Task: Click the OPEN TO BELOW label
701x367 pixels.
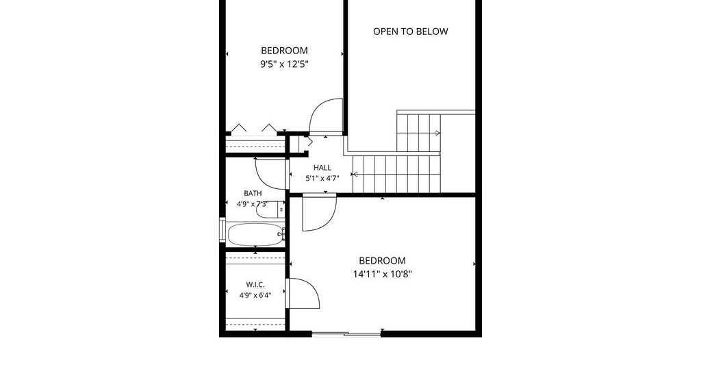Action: click(411, 31)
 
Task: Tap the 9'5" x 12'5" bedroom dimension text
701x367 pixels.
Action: click(285, 64)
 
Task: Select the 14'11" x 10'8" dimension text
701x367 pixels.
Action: click(382, 274)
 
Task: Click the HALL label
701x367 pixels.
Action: click(322, 168)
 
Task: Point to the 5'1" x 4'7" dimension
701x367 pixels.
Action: click(322, 178)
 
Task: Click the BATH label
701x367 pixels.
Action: click(253, 194)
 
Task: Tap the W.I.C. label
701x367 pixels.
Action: click(255, 285)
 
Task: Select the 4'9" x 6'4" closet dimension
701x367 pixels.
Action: click(255, 295)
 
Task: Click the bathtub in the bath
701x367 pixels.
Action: click(255, 234)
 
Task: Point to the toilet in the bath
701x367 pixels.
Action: click(270, 210)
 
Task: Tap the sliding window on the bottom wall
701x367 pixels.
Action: click(346, 333)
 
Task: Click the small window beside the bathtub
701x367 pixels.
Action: click(222, 230)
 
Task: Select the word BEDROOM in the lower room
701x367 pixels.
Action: click(382, 261)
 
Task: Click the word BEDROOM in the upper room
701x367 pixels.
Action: click(284, 51)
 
